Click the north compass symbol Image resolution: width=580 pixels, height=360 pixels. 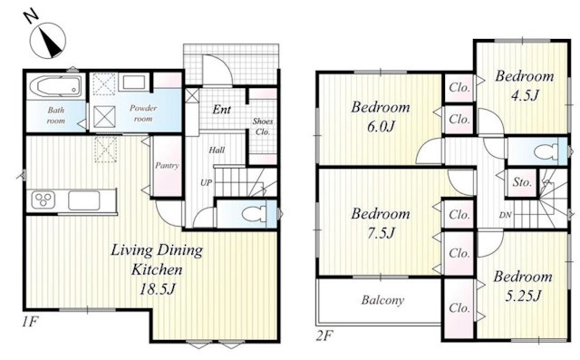[48, 40]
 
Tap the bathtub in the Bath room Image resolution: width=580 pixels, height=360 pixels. [56, 86]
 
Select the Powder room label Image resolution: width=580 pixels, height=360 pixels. [143, 113]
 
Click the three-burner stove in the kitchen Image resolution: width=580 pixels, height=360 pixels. [43, 200]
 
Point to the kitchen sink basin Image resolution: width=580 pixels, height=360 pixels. [83, 200]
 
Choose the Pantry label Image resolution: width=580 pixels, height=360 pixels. [167, 165]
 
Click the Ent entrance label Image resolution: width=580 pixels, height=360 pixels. [221, 110]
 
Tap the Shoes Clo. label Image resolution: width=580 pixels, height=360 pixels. [263, 127]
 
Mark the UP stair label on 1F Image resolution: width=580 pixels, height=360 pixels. [206, 182]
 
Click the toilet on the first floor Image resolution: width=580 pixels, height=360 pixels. [255, 214]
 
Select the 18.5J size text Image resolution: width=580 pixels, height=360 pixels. [157, 289]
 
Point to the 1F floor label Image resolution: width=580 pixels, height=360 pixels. [29, 322]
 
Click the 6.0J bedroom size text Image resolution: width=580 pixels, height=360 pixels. [381, 127]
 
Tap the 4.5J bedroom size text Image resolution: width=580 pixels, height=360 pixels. [524, 95]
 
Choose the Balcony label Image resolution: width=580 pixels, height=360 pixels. [382, 299]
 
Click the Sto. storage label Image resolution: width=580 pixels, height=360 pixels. [522, 182]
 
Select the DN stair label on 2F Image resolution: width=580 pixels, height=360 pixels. [506, 215]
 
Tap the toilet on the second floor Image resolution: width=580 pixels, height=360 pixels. [546, 151]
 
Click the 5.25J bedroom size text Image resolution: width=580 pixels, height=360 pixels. [523, 296]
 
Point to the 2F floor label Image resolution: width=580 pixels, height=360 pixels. [324, 336]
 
